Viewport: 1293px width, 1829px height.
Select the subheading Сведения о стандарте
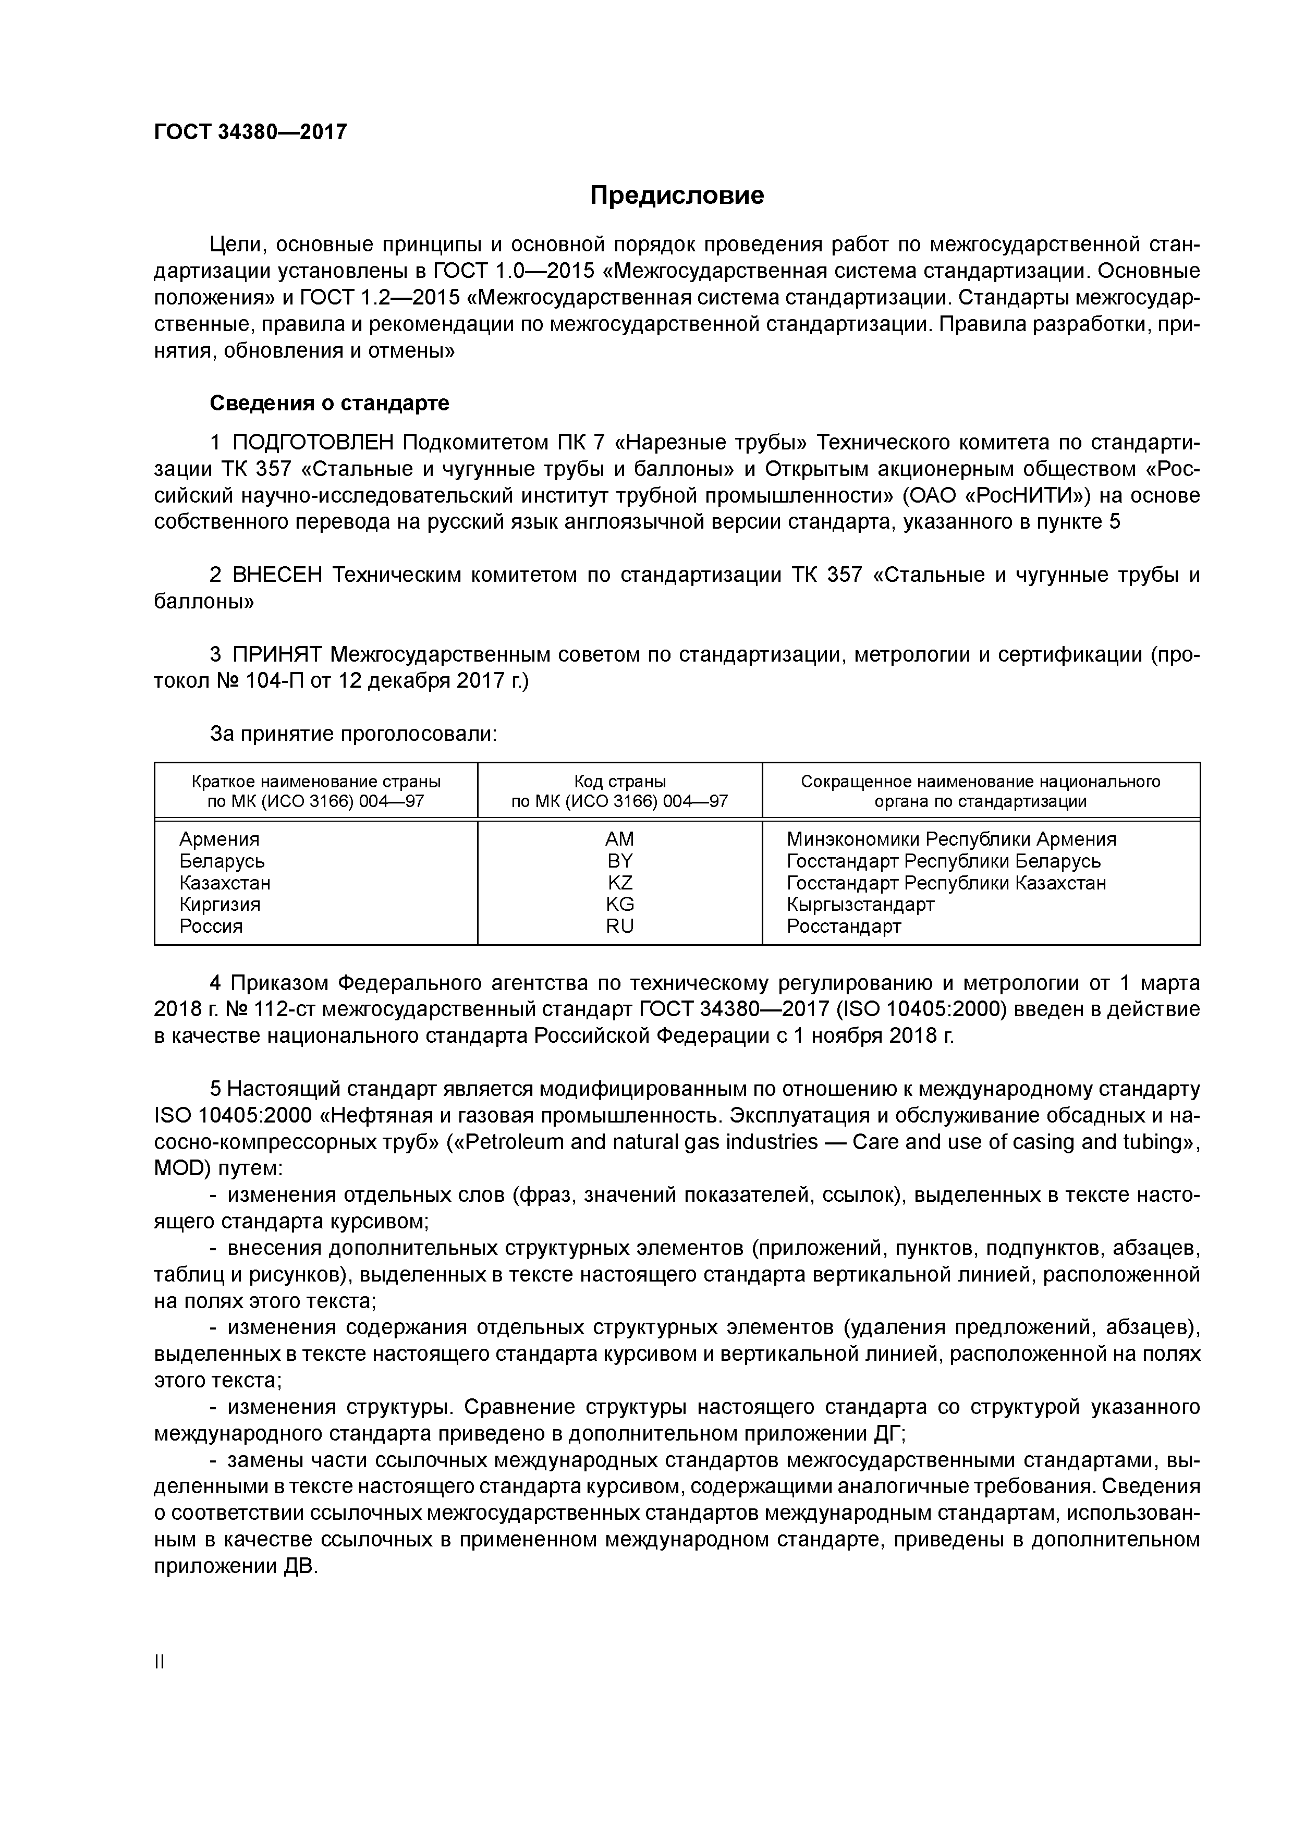[329, 403]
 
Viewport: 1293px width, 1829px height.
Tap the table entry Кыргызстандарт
[860, 904]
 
